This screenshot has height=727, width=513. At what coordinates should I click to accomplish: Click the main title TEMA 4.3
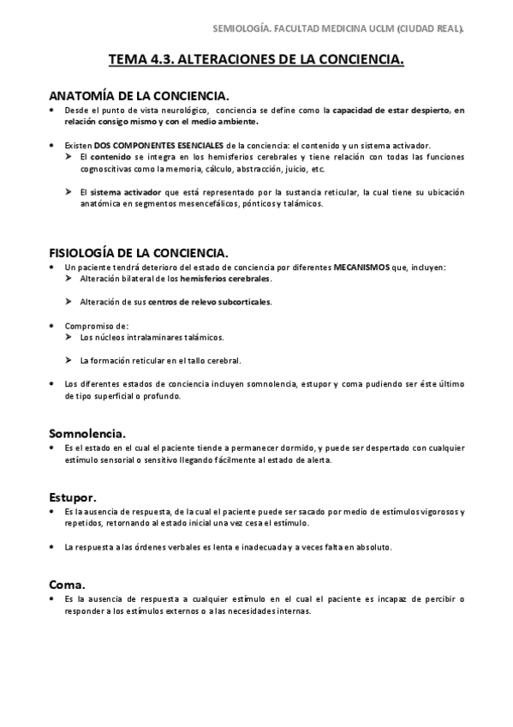(x=256, y=60)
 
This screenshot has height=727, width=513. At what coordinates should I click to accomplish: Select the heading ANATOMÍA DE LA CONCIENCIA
(x=138, y=97)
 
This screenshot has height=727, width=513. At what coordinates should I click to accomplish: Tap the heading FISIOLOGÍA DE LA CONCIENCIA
(x=138, y=253)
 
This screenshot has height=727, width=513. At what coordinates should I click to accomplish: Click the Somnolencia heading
(x=88, y=433)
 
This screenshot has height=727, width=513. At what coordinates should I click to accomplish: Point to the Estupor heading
(x=72, y=496)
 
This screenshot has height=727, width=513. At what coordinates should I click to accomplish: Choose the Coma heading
(x=67, y=584)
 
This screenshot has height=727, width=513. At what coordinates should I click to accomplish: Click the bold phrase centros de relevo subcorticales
(x=210, y=302)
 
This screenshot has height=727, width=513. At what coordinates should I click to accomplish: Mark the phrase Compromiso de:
(x=97, y=326)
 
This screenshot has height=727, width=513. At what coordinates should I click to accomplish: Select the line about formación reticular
(x=160, y=360)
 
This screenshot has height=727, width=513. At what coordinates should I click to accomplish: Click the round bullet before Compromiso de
(x=53, y=326)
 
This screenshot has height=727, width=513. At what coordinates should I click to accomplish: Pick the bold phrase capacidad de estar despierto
(x=391, y=111)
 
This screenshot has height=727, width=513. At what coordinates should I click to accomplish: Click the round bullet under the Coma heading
(x=53, y=598)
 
